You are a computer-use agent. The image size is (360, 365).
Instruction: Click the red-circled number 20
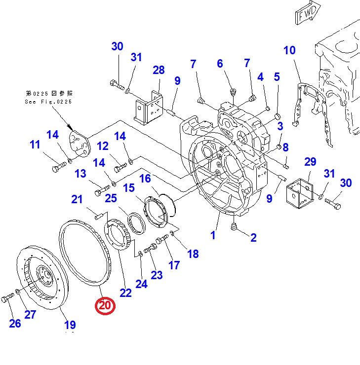105,306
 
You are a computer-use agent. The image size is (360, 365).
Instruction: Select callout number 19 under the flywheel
70,325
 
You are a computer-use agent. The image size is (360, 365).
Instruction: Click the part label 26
15,324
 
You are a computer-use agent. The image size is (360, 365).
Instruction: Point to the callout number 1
213,235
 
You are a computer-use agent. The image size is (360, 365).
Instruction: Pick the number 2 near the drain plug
253,238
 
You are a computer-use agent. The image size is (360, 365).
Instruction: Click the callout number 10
289,50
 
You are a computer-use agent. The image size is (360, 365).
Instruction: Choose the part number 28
159,71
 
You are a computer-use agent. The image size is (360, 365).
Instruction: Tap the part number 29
310,162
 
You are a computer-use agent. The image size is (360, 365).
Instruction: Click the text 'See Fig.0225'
48,102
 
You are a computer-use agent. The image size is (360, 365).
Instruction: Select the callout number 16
145,179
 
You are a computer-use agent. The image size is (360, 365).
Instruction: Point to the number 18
193,254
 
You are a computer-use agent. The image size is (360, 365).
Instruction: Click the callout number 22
126,292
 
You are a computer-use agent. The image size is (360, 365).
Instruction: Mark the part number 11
35,145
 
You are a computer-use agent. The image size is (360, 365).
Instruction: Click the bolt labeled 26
6,299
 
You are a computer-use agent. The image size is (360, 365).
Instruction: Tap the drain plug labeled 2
234,226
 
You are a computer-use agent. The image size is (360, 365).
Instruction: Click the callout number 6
220,64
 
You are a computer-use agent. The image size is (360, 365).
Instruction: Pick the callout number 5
277,77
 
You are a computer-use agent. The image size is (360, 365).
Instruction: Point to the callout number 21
77,200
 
